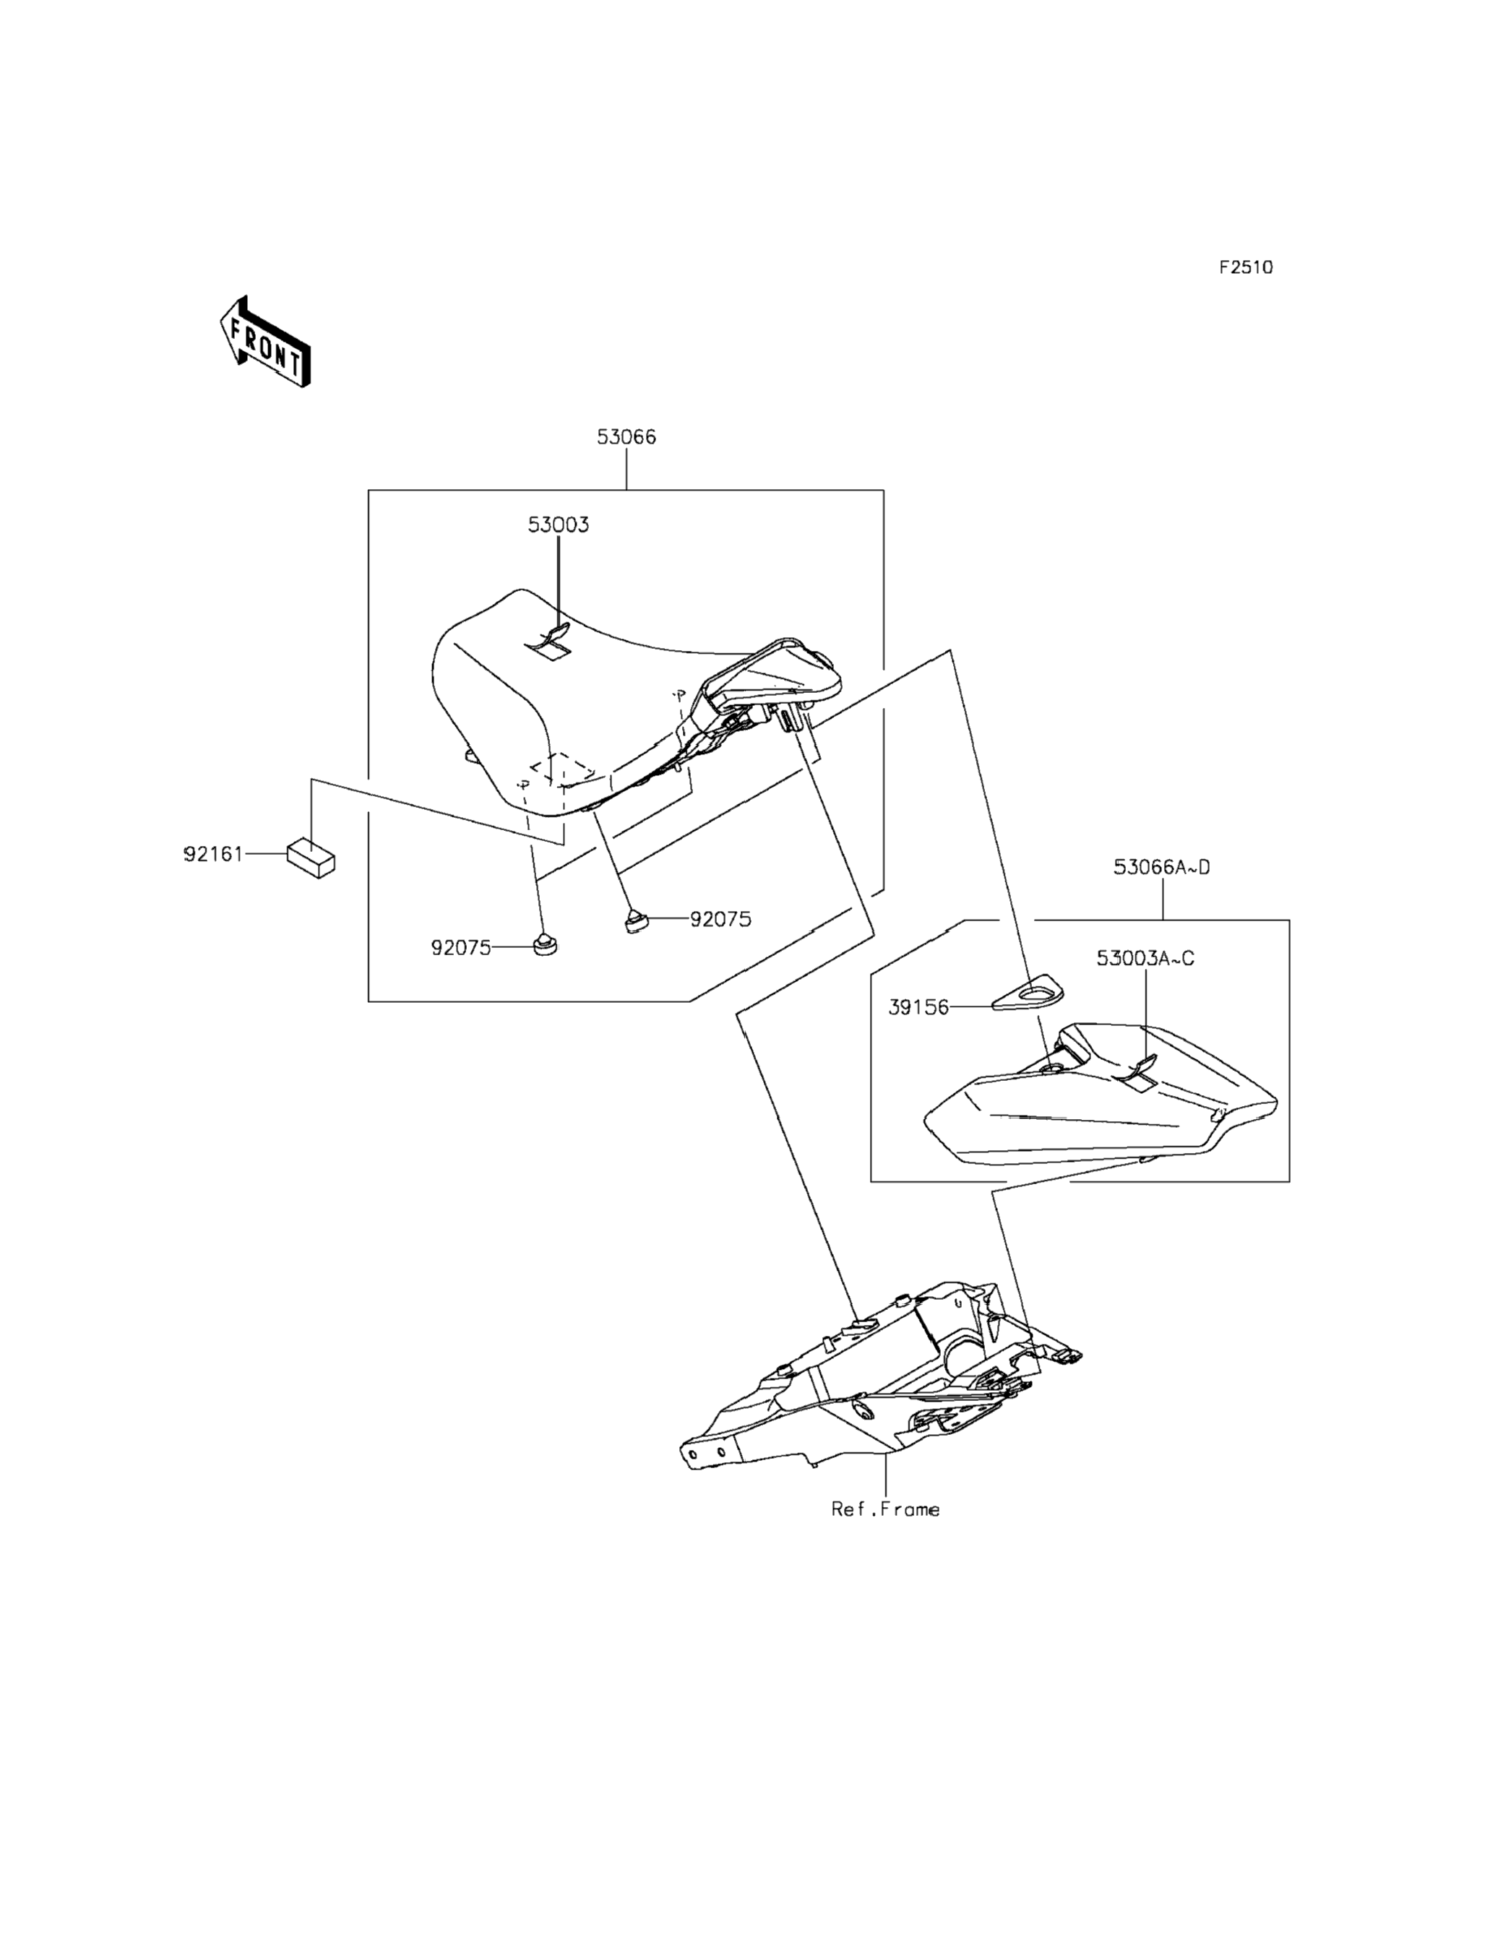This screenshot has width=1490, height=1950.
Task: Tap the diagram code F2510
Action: [x=1244, y=267]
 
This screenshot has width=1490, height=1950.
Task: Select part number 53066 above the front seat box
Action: [x=626, y=437]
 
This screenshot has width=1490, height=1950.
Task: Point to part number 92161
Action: [x=213, y=855]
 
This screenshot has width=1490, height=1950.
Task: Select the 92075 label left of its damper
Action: [x=460, y=948]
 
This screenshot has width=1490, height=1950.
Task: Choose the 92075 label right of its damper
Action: [x=720, y=920]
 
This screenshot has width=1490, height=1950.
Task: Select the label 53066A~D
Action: [x=1161, y=867]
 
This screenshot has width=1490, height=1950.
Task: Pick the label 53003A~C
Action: [x=1145, y=959]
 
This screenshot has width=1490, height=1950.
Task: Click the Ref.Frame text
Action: [x=884, y=1509]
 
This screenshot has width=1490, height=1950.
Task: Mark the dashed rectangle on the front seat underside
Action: [x=562, y=768]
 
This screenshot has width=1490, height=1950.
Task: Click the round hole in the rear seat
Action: [x=1054, y=1070]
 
